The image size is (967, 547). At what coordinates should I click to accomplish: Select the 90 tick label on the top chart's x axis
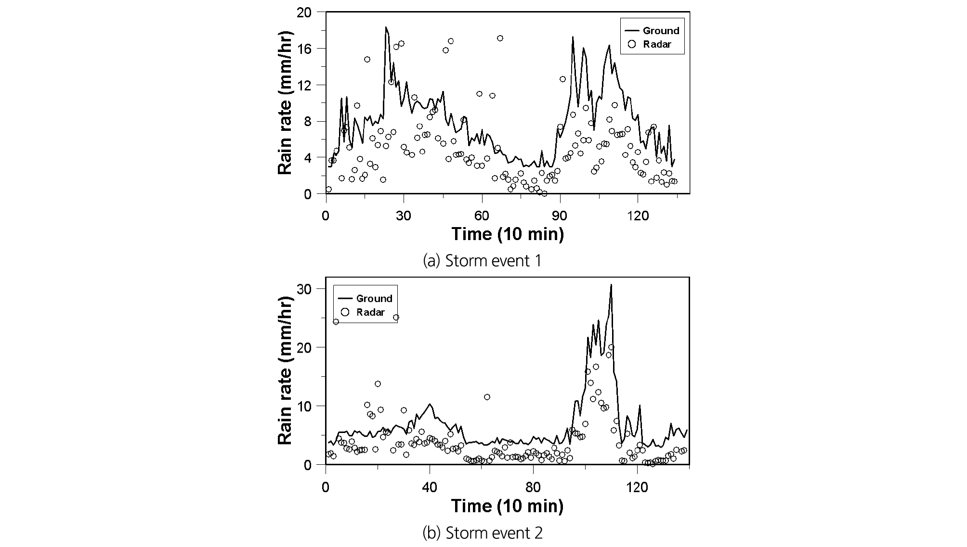(560, 216)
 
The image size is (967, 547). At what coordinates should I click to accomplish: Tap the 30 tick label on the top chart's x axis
(404, 216)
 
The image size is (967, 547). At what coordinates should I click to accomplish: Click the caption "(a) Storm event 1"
(482, 261)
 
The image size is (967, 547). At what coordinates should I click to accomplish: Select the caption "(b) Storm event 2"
(482, 533)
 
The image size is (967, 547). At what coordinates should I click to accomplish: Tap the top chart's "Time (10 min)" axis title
(508, 234)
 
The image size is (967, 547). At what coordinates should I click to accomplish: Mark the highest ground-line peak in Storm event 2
(611, 285)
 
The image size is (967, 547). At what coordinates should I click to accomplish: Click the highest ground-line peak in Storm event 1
(386, 27)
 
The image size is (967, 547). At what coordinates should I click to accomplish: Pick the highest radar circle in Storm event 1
(500, 38)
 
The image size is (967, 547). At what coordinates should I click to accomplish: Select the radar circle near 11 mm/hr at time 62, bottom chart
(487, 397)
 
